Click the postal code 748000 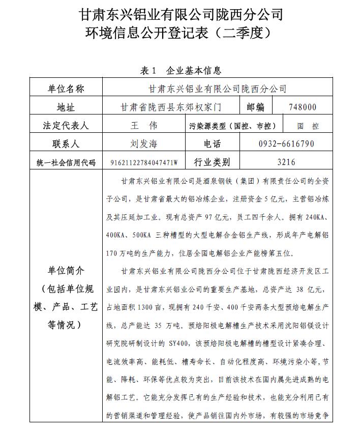tap(302, 107)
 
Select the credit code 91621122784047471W tap(144, 163)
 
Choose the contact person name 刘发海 tap(144, 144)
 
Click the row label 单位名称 tap(66, 89)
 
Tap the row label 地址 tap(66, 107)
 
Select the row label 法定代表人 tap(66, 126)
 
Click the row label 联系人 tap(66, 144)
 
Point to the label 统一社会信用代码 tap(66, 163)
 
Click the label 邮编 tap(256, 107)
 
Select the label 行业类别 tap(212, 162)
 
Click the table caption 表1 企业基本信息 tap(181, 71)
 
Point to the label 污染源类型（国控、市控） tap(232, 126)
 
